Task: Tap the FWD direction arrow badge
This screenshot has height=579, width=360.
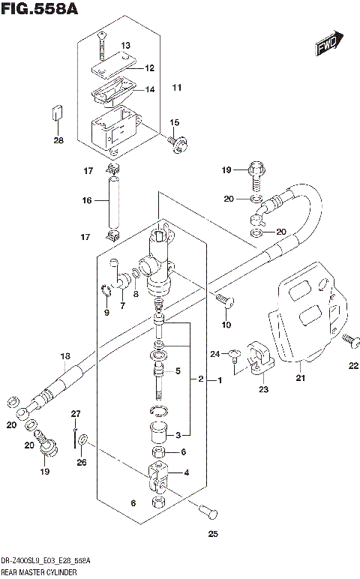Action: pos(328,46)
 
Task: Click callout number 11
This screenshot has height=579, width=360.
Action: pos(176,88)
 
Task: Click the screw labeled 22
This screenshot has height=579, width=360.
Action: pos(347,340)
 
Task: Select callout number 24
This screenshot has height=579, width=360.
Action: pos(214,353)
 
